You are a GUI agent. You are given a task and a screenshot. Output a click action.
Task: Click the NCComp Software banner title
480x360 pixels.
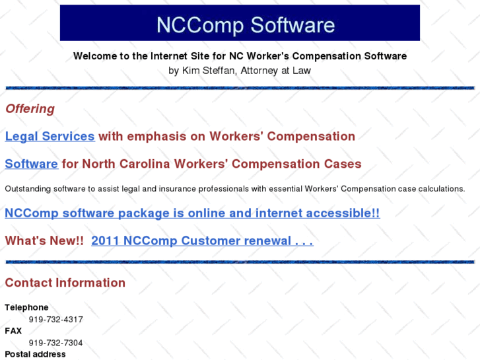(x=245, y=25)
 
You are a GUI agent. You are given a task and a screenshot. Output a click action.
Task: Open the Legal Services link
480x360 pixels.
(x=50, y=137)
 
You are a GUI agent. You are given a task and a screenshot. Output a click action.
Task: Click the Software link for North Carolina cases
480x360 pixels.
(x=31, y=164)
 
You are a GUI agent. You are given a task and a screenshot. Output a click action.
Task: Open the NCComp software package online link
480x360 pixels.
(x=192, y=213)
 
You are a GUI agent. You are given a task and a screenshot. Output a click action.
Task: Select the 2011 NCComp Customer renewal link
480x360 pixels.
(x=202, y=241)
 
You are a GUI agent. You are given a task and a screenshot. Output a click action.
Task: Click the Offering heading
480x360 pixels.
(x=30, y=109)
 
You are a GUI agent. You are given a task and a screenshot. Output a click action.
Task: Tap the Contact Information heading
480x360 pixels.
(x=65, y=283)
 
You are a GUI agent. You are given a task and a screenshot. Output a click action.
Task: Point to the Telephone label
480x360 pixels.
(x=26, y=307)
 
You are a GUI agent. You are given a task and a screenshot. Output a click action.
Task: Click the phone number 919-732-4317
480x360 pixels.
(x=55, y=319)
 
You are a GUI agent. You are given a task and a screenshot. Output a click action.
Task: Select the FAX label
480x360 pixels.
(x=13, y=331)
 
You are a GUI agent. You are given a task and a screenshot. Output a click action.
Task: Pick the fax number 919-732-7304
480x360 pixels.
(x=55, y=343)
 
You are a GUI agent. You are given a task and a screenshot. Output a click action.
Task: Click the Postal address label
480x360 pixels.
(x=35, y=354)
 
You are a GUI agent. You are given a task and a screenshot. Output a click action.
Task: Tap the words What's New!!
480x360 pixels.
(x=44, y=241)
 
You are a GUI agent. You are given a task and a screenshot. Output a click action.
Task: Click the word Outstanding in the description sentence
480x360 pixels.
(x=28, y=189)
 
